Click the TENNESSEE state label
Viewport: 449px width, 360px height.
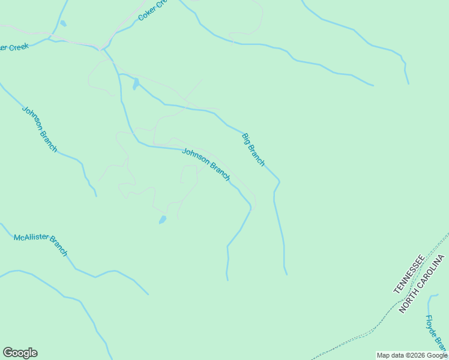pyautogui.click(x=409, y=274)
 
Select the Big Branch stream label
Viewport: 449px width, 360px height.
pyautogui.click(x=253, y=150)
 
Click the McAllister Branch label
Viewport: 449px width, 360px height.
pyautogui.click(x=41, y=245)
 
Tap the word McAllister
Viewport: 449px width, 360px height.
pyautogui.click(x=29, y=239)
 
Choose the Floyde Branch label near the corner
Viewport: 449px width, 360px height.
pyautogui.click(x=436, y=334)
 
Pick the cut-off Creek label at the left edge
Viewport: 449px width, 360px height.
pyautogui.click(x=14, y=46)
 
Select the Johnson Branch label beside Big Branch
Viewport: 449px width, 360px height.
pyautogui.click(x=206, y=164)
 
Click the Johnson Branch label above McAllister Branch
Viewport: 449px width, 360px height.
pyautogui.click(x=40, y=128)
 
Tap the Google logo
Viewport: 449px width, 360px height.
pyautogui.click(x=20, y=353)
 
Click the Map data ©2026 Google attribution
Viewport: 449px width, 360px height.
pyautogui.click(x=412, y=355)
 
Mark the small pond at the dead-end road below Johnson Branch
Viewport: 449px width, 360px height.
pyautogui.click(x=162, y=220)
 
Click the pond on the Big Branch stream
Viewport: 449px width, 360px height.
pyautogui.click(x=136, y=83)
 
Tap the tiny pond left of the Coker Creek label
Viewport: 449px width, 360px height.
pyautogui.click(x=63, y=24)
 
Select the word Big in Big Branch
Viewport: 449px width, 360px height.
pyautogui.click(x=246, y=139)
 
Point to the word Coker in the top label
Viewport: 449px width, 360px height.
pyautogui.click(x=146, y=14)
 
